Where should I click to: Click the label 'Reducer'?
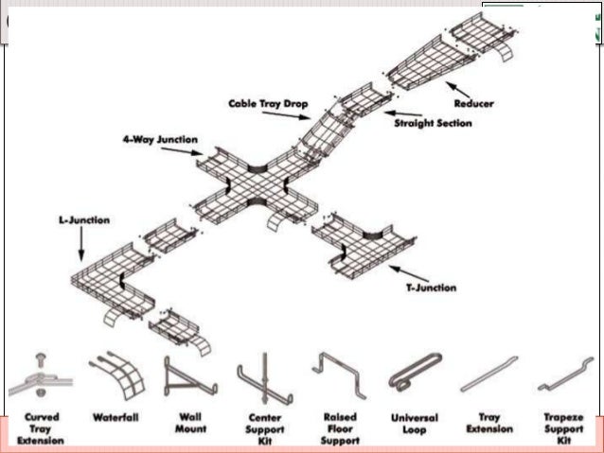[x=473, y=103]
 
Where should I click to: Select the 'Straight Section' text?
[x=434, y=122]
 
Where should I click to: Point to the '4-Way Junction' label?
[x=160, y=139]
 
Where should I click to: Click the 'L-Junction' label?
[x=82, y=220]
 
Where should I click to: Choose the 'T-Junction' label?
[x=423, y=287]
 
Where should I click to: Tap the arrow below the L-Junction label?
[x=81, y=245]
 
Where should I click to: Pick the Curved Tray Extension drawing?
[x=40, y=378]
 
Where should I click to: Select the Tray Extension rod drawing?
[x=489, y=375]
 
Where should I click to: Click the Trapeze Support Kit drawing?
[x=563, y=377]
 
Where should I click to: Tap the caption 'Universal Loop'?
[x=414, y=424]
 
